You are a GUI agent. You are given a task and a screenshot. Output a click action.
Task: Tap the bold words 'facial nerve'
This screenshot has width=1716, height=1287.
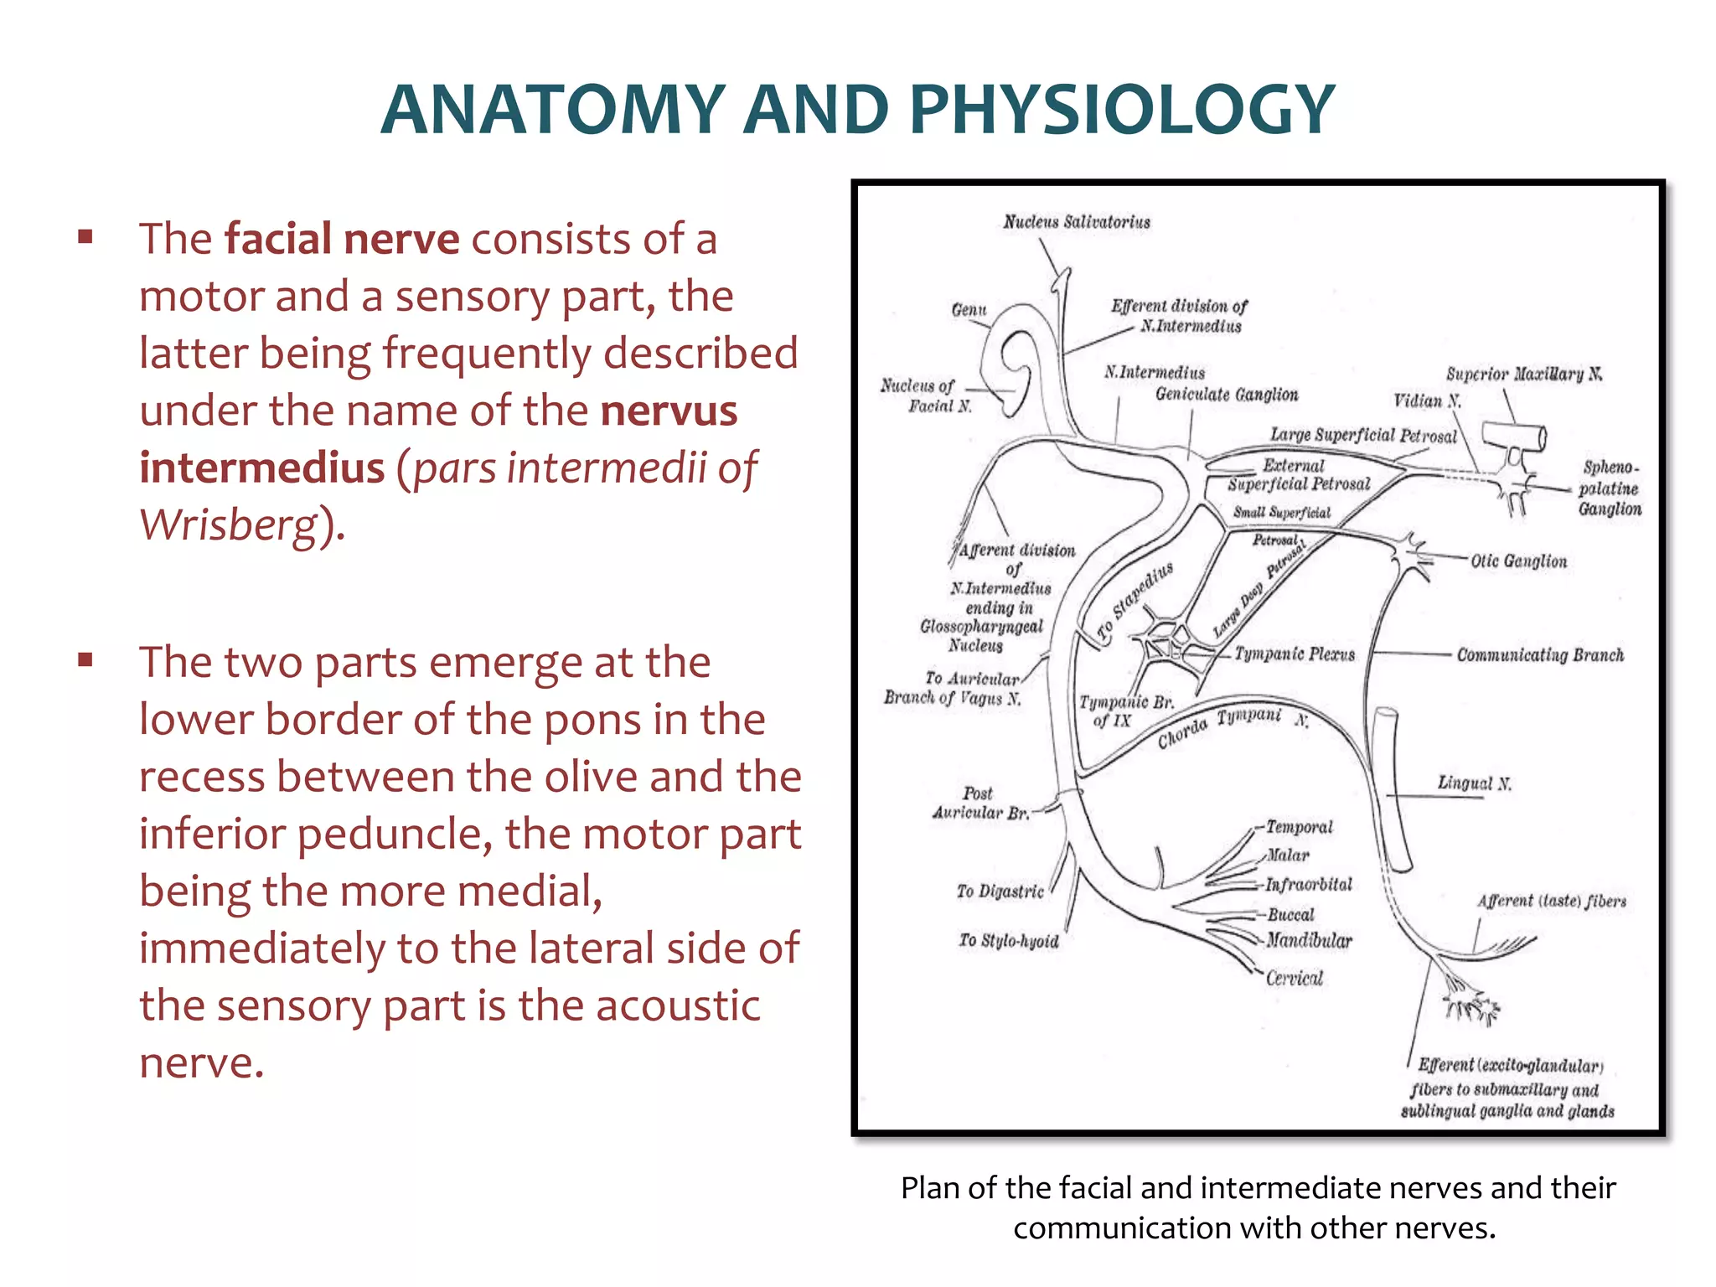point(341,239)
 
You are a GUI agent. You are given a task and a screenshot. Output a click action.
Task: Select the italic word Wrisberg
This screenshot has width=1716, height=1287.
point(229,525)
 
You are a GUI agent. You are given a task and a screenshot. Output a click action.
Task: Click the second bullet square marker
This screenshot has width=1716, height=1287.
point(85,660)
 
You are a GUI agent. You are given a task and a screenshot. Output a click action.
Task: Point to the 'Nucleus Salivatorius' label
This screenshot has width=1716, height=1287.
point(1077,222)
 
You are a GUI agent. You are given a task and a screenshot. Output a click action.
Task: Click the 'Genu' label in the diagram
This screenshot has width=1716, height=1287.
point(969,310)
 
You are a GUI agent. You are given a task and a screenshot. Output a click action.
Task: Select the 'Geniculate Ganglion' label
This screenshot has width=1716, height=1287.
point(1226,395)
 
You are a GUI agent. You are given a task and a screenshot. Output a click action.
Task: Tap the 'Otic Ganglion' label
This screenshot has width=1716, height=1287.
point(1518,561)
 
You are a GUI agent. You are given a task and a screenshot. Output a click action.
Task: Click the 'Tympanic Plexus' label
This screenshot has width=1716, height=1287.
point(1295,654)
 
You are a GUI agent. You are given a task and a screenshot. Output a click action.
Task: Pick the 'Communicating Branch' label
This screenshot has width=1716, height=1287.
point(1540,655)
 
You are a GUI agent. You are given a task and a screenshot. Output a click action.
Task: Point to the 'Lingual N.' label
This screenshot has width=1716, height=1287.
point(1474,783)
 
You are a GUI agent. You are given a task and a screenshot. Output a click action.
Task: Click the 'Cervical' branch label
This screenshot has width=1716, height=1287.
point(1295,979)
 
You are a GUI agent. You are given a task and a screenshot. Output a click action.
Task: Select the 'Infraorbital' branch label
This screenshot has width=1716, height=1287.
point(1309,885)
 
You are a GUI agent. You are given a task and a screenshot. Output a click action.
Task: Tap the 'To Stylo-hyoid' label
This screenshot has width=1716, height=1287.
point(1009,941)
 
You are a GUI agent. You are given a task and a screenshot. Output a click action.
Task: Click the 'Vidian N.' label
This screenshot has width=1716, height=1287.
point(1426,401)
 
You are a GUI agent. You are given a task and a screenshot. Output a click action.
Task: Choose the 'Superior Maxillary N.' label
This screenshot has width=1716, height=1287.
point(1523,375)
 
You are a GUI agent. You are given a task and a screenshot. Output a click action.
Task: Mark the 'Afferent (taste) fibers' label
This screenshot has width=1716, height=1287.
point(1552,902)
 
